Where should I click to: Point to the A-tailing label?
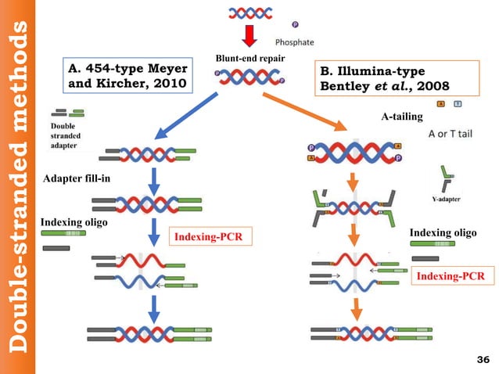point(402,117)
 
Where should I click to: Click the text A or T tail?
point(449,134)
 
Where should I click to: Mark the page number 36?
point(482,359)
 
